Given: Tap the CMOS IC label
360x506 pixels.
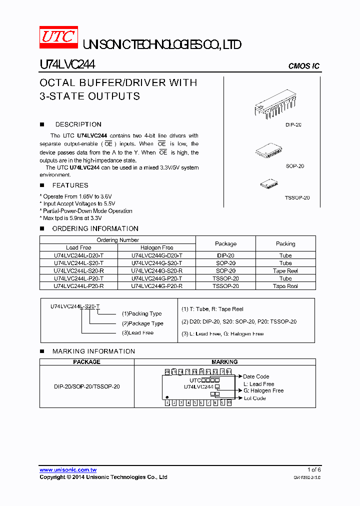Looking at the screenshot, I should click(304, 66).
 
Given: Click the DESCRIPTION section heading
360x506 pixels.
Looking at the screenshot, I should click(78, 124).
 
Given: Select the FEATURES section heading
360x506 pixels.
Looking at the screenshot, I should click(70, 185).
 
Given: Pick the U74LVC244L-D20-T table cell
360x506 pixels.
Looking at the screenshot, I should click(78, 255).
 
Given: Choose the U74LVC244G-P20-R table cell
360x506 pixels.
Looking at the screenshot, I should click(156, 286).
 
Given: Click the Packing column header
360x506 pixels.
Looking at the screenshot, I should click(285, 244).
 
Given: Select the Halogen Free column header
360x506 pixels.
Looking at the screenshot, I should click(156, 247).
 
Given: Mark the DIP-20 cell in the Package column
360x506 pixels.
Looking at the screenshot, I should click(225, 255).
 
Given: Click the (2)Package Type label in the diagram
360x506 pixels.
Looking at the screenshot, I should click(142, 323).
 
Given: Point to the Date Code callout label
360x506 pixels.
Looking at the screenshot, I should click(256, 376).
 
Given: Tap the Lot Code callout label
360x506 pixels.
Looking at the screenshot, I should click(255, 398).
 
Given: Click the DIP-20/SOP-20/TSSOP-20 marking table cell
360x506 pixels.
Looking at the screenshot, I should click(87, 386).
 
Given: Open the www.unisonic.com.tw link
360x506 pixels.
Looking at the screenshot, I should click(68, 470).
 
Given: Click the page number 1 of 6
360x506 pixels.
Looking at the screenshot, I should click(314, 470).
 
